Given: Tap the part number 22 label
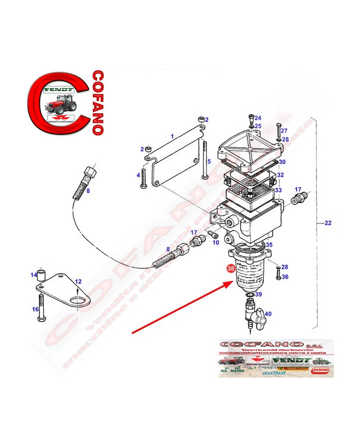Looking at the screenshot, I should pos(329,223).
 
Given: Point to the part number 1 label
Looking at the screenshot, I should pos(172,136).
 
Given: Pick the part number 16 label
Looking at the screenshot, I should pos(35,309).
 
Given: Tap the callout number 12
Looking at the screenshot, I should pos(78,281).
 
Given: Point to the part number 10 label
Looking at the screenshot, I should pos(215,242).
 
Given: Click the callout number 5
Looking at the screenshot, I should pos(208,162).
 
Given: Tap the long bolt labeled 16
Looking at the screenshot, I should pos(41,309).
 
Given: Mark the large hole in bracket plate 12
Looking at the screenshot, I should pos(77,301).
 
